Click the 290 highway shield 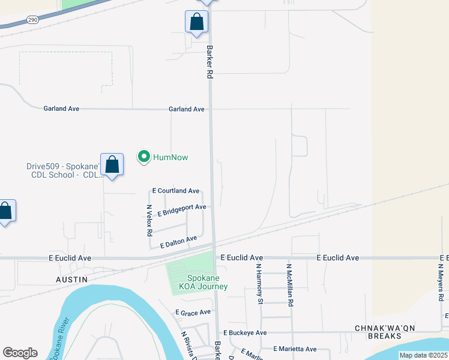pos(32,19)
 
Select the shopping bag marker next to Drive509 pos(112,164)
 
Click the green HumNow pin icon pos(144,157)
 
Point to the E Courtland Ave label pos(176,191)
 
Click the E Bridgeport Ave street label pos(182,210)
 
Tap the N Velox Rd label pos(149,220)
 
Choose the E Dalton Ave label pos(179,242)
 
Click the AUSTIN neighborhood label pos(71,280)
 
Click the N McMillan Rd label pos(289,278)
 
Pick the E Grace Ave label pos(193,313)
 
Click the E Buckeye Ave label pos(245,332)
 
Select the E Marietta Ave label pos(295,349)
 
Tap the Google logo pos(20,353)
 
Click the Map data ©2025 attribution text pos(424,355)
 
